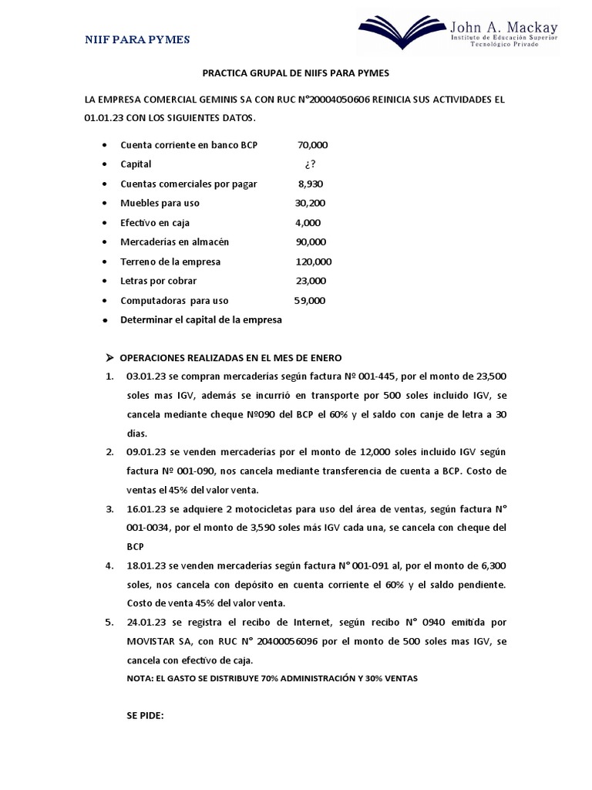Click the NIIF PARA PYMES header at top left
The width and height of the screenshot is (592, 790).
click(137, 39)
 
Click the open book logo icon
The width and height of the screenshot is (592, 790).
click(404, 30)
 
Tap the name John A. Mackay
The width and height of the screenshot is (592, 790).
click(504, 24)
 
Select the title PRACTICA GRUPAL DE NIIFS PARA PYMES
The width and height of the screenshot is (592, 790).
click(296, 73)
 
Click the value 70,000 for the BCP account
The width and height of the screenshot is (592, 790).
click(312, 144)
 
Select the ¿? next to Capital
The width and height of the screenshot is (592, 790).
click(311, 164)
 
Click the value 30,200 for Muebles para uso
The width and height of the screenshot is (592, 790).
click(311, 203)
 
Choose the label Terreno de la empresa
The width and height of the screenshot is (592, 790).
click(170, 262)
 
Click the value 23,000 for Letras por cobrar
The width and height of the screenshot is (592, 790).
click(311, 281)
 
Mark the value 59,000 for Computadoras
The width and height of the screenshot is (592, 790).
click(310, 300)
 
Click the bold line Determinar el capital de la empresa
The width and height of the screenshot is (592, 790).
click(201, 319)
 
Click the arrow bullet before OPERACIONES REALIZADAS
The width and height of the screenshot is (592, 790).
click(109, 358)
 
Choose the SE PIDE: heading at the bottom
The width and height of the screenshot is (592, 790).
click(146, 715)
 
